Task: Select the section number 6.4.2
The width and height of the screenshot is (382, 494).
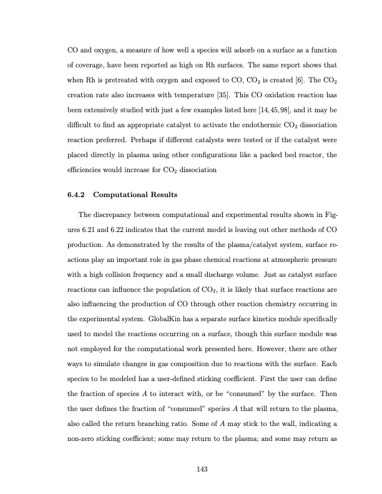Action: pos(79,195)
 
